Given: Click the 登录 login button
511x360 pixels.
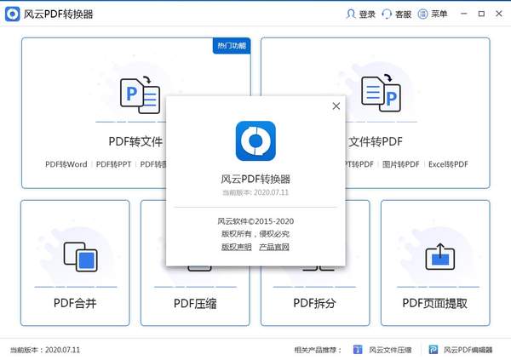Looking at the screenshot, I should [x=361, y=14].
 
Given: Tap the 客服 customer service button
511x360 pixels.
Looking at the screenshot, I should [x=397, y=14].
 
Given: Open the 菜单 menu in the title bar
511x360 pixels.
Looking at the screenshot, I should [x=433, y=14].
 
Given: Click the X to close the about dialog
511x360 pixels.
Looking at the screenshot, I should [x=336, y=106].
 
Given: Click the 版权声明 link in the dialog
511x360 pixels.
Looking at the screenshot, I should [x=236, y=247].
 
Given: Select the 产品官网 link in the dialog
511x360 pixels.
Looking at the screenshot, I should [x=274, y=247].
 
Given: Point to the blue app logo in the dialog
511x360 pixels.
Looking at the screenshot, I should [x=255, y=141].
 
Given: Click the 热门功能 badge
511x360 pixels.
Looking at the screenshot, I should [x=231, y=46].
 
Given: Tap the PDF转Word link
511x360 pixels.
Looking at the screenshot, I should [x=67, y=163].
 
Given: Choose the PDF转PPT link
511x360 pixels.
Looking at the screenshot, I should [x=112, y=163].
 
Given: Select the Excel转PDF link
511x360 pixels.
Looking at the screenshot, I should [x=448, y=163].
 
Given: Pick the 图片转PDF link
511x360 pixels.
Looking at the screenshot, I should [x=399, y=163].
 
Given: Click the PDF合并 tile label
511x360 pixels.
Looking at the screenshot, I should [x=75, y=302].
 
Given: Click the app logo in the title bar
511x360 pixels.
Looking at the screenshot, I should [x=11, y=14].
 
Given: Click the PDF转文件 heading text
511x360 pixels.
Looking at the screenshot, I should [x=135, y=141].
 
